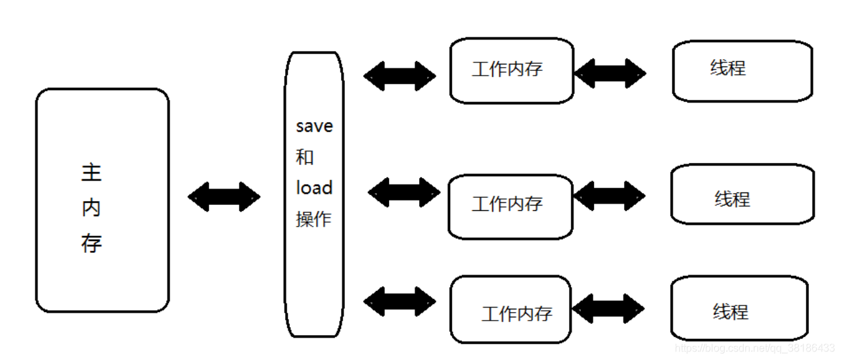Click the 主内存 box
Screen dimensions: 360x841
point(102,200)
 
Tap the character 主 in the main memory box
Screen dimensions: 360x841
point(91,173)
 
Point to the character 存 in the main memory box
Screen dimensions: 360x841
point(91,244)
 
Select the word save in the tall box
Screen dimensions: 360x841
point(314,126)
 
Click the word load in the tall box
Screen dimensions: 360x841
point(313,188)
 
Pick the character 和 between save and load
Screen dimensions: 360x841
point(305,157)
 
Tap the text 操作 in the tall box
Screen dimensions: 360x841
point(313,219)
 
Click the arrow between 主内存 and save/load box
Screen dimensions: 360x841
point(224,197)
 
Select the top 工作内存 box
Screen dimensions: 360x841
point(511,70)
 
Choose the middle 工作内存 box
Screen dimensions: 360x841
point(511,206)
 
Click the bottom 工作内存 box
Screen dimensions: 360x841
point(511,309)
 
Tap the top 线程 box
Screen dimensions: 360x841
point(742,71)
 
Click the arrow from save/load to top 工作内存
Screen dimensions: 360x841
point(399,76)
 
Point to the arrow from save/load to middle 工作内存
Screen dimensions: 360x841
point(403,192)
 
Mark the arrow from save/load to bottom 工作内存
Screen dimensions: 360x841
point(399,302)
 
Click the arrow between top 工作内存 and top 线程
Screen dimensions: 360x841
point(610,74)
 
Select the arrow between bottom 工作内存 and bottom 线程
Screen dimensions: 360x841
point(608,308)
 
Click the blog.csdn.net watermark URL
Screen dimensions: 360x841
point(755,348)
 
